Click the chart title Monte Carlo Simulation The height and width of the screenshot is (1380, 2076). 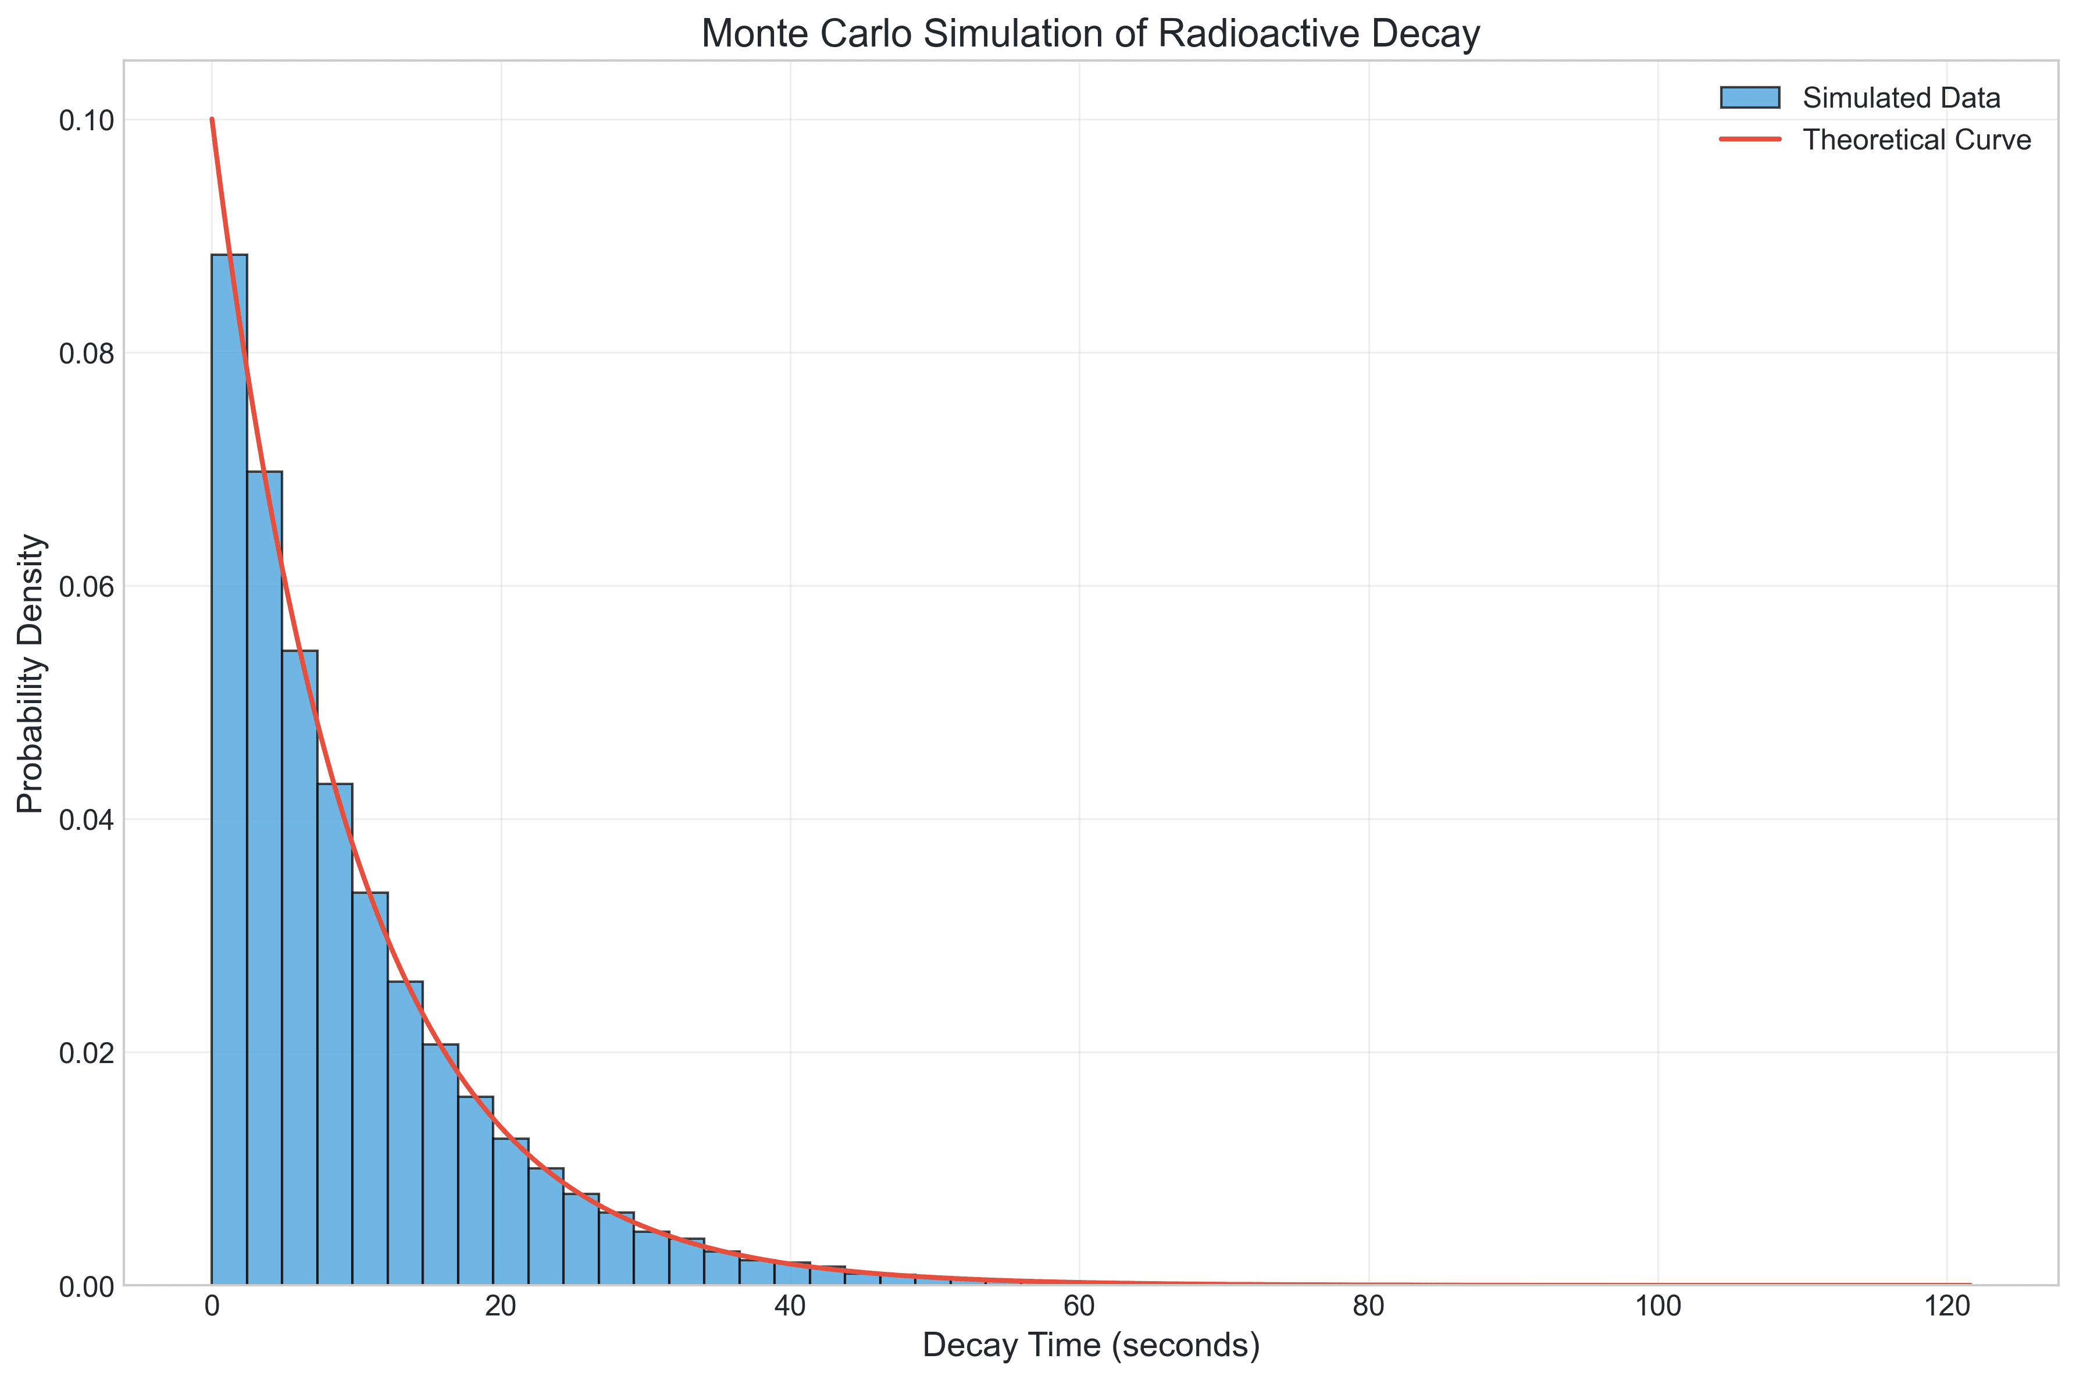[1090, 34]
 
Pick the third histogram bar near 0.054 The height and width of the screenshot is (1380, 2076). [299, 968]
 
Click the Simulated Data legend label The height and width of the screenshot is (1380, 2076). [1901, 98]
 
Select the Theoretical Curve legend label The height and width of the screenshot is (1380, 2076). [1916, 140]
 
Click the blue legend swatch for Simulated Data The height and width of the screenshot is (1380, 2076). [1750, 98]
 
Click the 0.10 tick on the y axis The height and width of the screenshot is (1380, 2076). [86, 120]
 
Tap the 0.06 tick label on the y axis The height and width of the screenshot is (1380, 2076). [86, 587]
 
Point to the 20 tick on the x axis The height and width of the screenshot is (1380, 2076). [501, 1307]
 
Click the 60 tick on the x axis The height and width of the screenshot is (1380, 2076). [1079, 1307]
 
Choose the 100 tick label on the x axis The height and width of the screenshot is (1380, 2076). [1657, 1307]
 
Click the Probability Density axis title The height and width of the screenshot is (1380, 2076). [31, 673]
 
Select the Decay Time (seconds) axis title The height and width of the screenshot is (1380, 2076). [1090, 1346]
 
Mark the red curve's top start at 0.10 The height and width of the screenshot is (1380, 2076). [212, 120]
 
